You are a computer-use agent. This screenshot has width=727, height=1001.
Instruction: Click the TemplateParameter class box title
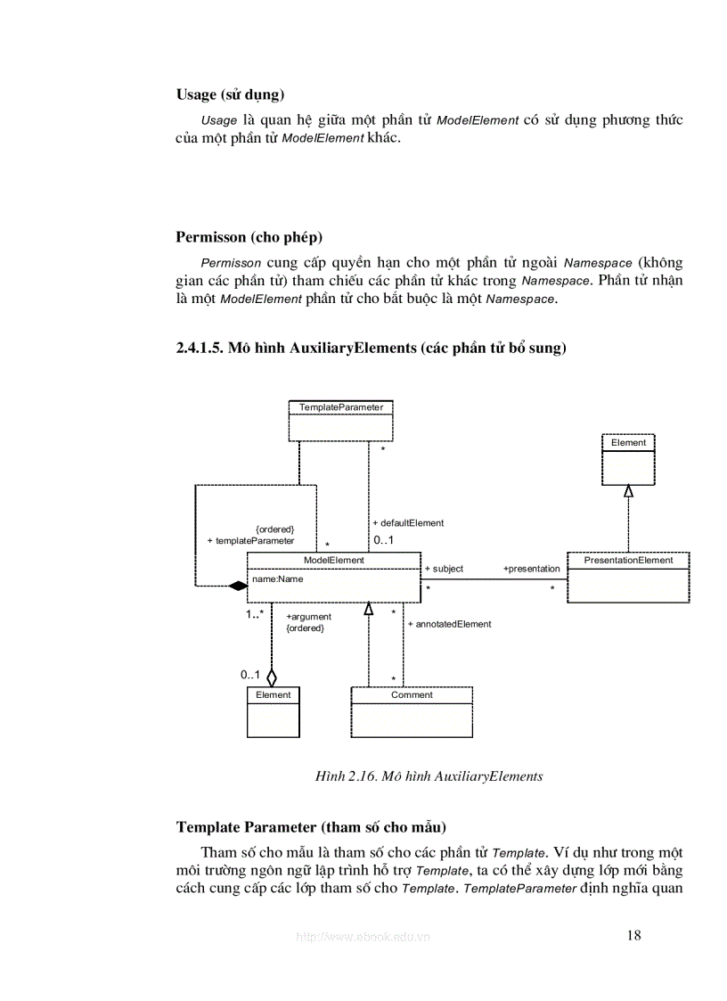coord(341,406)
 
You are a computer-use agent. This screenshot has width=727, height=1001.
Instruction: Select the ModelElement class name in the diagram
coord(333,560)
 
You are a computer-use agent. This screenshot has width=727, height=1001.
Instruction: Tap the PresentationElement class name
coord(628,560)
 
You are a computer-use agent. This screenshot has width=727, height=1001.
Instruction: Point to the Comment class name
coord(412,694)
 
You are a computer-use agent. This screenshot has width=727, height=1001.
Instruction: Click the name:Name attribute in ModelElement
coord(278,578)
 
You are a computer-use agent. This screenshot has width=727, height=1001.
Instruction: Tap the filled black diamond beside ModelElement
coord(237,586)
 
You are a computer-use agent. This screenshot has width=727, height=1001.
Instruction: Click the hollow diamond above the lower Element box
coord(272,677)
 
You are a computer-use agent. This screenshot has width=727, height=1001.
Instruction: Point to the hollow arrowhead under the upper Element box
coord(628,490)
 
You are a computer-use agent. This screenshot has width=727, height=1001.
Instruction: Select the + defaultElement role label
coord(408,523)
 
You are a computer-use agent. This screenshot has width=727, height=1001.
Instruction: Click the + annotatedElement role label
coord(450,624)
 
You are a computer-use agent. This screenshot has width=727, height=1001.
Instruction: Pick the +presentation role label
coord(532,569)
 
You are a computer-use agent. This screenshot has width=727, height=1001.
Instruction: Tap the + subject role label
coord(444,569)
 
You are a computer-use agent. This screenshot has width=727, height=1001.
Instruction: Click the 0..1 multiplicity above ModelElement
coord(383,541)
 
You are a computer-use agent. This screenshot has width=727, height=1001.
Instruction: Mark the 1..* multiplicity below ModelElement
coord(255,614)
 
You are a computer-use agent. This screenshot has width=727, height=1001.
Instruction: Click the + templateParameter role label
coord(250,540)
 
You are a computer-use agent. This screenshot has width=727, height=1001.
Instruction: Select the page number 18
coord(633,935)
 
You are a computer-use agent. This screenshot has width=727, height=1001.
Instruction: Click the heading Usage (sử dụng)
coord(231,94)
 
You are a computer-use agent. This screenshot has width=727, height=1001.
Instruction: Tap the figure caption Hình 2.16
coord(429,775)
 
